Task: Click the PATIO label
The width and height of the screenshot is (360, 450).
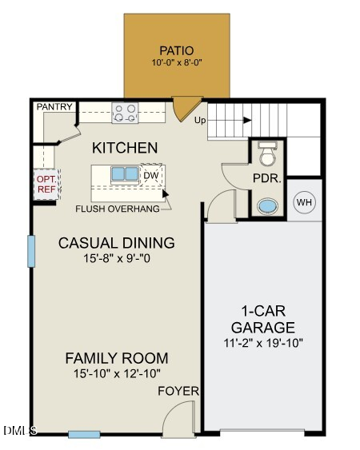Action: [176, 50]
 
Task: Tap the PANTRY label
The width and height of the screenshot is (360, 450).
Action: [55, 106]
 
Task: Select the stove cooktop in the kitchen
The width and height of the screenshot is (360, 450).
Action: [124, 113]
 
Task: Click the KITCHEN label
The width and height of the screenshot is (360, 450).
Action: [125, 148]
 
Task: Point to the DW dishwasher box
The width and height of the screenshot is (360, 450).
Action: [151, 175]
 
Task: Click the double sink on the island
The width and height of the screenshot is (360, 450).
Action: [123, 173]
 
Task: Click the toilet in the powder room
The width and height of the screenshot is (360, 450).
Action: [267, 152]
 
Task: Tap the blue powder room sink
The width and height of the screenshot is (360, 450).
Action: [266, 206]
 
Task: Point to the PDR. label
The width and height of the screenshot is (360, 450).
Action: [266, 178]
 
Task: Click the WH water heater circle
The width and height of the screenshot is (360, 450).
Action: [304, 202]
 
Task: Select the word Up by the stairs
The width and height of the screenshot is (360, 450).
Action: [202, 121]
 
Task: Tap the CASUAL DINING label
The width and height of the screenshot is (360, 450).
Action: [117, 243]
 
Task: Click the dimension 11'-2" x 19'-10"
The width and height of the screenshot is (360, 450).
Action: [262, 344]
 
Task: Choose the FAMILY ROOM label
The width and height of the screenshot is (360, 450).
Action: [117, 358]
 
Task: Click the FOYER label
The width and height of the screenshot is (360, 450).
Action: [178, 391]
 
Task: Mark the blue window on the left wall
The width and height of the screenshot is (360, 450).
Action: [31, 250]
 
